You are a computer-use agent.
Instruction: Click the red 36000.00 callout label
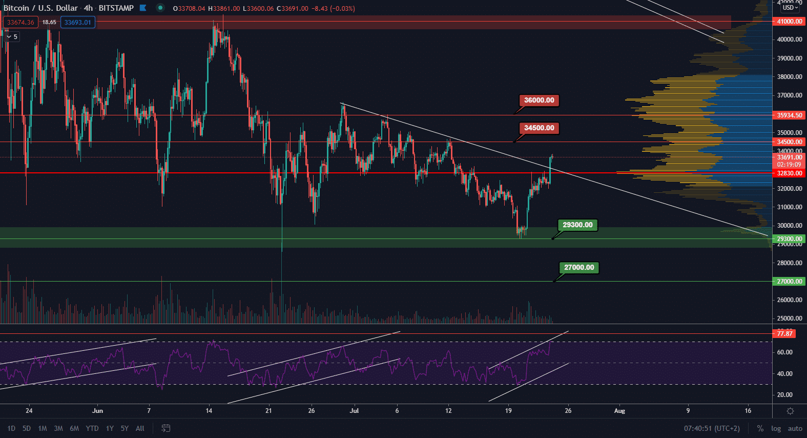pyautogui.click(x=539, y=101)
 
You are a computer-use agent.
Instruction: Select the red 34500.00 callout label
pyautogui.click(x=539, y=128)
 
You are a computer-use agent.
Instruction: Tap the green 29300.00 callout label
pyautogui.click(x=577, y=225)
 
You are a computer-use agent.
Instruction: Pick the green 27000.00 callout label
pyautogui.click(x=579, y=268)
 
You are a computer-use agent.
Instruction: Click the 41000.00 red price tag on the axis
pyautogui.click(x=789, y=22)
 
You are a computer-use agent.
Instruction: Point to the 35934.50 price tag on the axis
pyautogui.click(x=789, y=115)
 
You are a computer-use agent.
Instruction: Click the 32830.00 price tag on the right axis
pyautogui.click(x=789, y=173)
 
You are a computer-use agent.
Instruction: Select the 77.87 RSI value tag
pyautogui.click(x=784, y=334)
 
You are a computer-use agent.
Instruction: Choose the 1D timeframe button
pyautogui.click(x=11, y=428)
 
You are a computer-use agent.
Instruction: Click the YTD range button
pyautogui.click(x=92, y=428)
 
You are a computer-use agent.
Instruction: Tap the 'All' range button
pyautogui.click(x=140, y=428)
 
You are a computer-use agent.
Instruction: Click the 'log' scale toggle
pyautogui.click(x=776, y=428)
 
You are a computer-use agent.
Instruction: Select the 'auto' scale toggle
pyautogui.click(x=795, y=428)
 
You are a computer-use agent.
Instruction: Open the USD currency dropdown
pyautogui.click(x=790, y=8)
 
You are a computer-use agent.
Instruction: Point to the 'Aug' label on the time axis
pyautogui.click(x=619, y=411)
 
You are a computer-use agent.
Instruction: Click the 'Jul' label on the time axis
pyautogui.click(x=354, y=411)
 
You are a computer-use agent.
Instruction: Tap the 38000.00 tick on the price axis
pyautogui.click(x=789, y=77)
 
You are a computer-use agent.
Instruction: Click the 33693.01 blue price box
pyautogui.click(x=77, y=22)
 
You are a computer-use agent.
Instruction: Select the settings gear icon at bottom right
pyautogui.click(x=790, y=411)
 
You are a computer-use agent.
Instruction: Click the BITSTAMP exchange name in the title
pyautogui.click(x=116, y=8)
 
